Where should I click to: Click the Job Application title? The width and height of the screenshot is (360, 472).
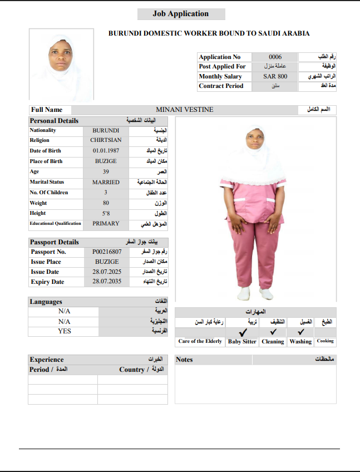(181, 14)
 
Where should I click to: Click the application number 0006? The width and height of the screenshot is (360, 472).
(275, 57)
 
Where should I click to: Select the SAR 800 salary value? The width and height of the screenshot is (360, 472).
(275, 76)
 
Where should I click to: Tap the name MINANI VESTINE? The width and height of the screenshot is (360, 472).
(184, 110)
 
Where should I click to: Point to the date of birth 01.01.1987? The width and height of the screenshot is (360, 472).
(106, 151)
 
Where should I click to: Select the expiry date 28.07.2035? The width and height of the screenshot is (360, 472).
(107, 282)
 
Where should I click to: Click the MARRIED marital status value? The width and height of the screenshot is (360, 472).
(106, 182)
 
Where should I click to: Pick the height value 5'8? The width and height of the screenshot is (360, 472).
(106, 213)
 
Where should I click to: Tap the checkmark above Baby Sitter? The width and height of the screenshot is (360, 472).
(243, 332)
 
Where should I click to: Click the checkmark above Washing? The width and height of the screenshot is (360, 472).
(300, 332)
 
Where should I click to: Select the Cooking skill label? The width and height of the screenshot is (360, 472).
(326, 341)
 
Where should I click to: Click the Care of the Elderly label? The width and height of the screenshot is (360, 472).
(200, 341)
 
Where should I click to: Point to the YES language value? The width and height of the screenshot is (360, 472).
(64, 331)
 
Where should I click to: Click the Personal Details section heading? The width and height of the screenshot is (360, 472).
(54, 120)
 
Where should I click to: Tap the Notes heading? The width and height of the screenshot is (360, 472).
(184, 360)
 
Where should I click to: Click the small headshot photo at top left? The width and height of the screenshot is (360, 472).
(61, 64)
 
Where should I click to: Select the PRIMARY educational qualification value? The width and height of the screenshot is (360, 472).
(106, 224)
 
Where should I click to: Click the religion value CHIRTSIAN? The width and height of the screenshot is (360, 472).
(106, 140)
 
